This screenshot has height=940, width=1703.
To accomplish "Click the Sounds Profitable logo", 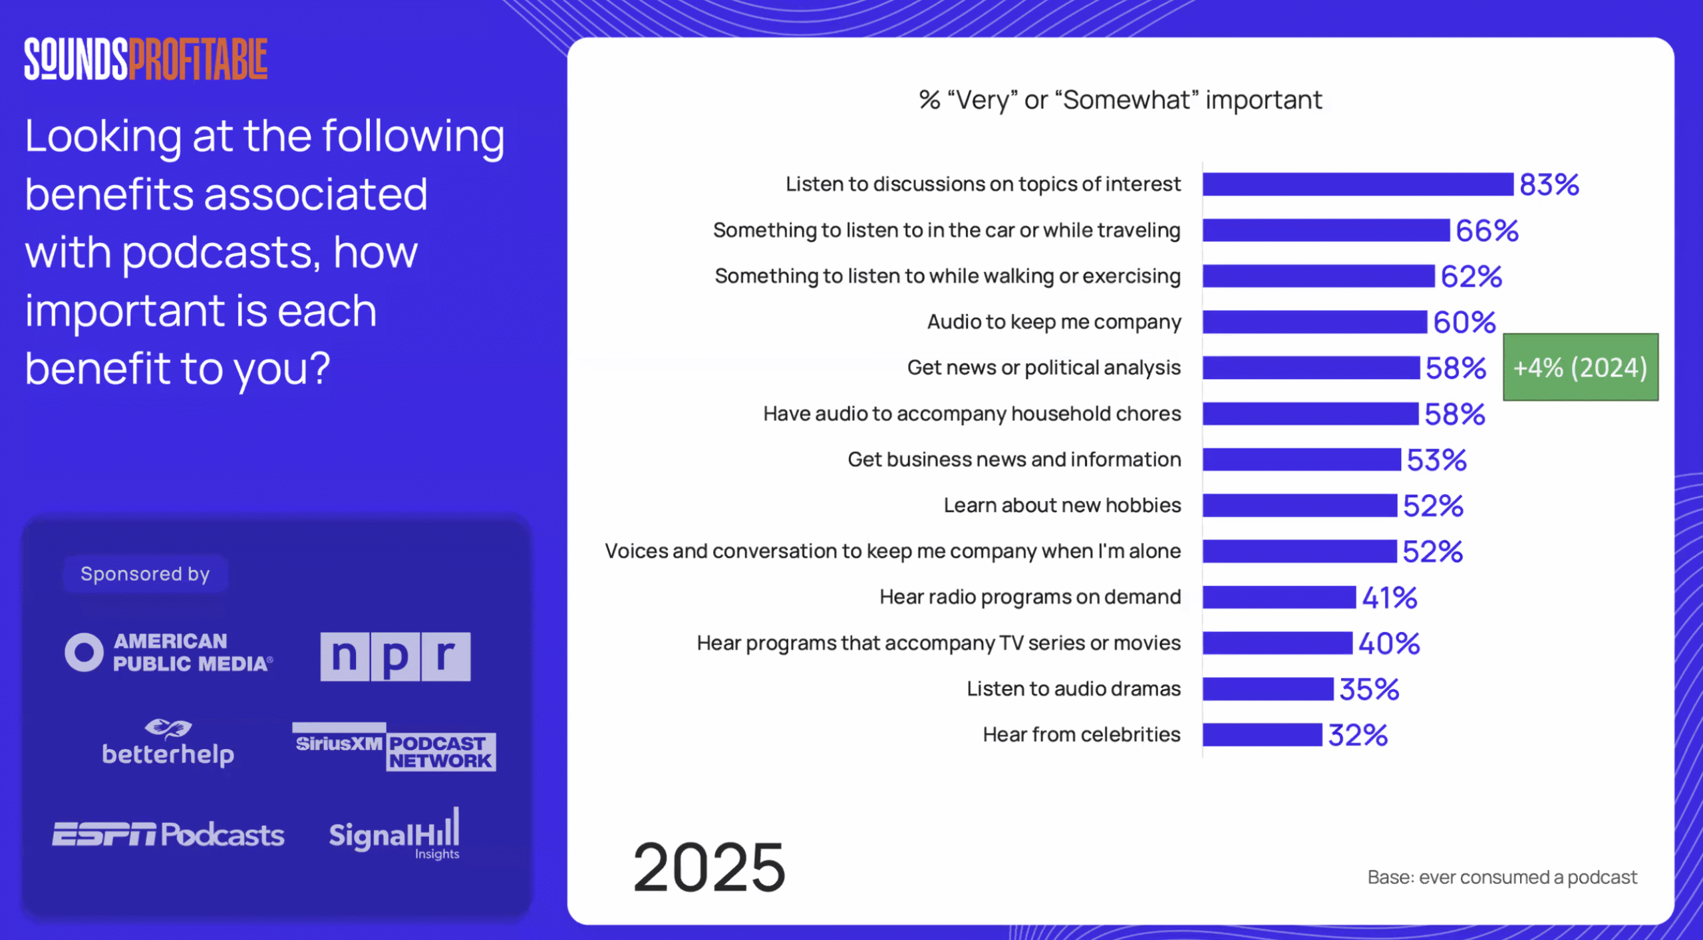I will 146,59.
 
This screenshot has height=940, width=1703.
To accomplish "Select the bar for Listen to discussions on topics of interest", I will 1357,184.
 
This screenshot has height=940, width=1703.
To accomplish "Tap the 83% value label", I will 1549,185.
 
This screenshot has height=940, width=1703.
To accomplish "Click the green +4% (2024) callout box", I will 1580,367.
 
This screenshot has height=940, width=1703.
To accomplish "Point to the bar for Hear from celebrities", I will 1262,734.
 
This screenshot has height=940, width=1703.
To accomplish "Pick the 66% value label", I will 1487,231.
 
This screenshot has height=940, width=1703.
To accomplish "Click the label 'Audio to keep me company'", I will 1054,322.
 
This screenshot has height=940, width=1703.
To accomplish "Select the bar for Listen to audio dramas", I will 1267,689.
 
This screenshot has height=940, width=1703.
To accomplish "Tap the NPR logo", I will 395,656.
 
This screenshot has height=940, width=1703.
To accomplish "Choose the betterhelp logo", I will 168,744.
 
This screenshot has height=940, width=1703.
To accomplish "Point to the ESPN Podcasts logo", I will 168,834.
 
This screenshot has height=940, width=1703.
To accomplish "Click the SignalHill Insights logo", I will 394,834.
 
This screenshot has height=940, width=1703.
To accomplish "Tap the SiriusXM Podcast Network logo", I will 394,748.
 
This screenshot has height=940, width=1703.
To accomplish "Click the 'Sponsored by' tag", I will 145,573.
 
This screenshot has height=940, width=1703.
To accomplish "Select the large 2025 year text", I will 709,867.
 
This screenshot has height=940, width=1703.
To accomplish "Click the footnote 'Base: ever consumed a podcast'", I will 1502,877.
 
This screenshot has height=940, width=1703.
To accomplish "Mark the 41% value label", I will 1390,597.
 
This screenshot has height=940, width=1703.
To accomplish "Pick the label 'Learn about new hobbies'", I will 1062,506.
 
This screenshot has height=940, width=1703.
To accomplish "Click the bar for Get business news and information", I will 1301,460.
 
